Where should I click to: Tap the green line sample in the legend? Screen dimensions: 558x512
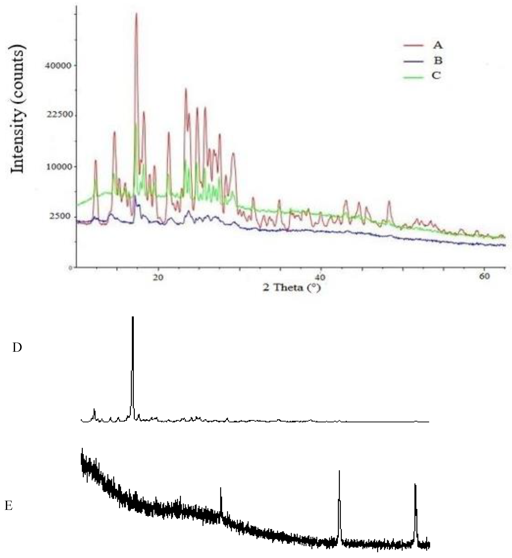[413, 78]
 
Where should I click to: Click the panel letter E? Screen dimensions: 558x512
[9, 506]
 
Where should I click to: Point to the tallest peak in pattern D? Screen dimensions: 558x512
[133, 317]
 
